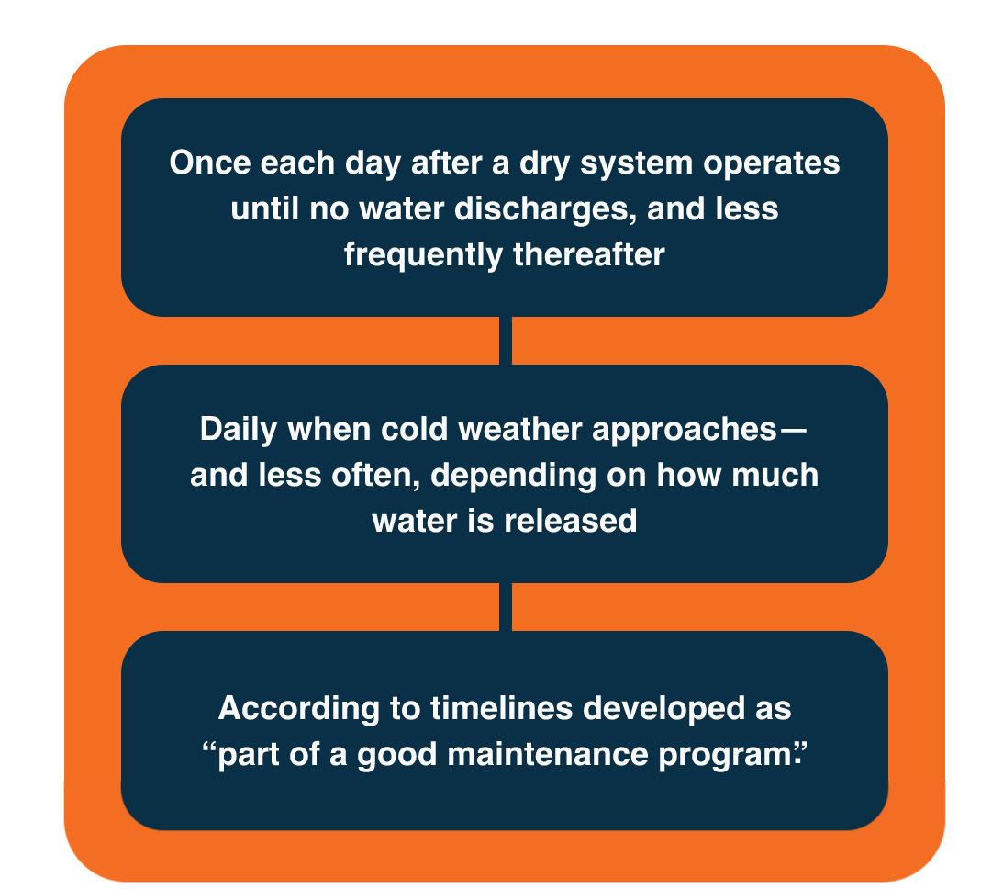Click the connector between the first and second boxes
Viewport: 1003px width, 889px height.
click(505, 341)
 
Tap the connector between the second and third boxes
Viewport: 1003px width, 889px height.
click(505, 607)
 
